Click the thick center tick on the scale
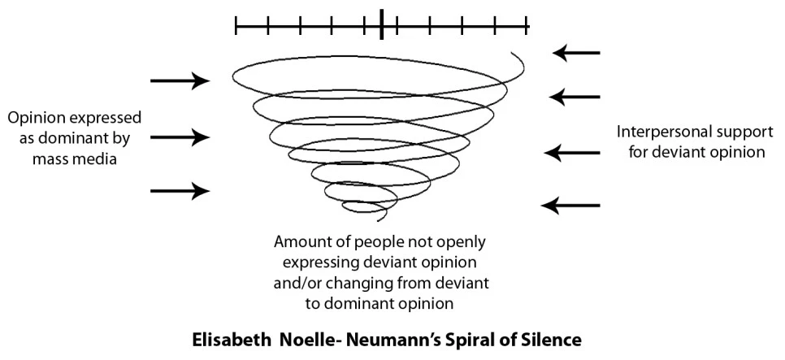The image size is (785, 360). click(x=382, y=25)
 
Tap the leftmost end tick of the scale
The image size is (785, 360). click(x=236, y=26)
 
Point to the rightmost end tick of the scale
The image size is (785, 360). click(x=528, y=26)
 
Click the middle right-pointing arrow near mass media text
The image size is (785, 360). click(x=180, y=137)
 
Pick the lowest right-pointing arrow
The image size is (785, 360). click(x=180, y=191)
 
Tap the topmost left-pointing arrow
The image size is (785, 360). click(x=576, y=54)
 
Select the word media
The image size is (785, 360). click(x=98, y=159)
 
